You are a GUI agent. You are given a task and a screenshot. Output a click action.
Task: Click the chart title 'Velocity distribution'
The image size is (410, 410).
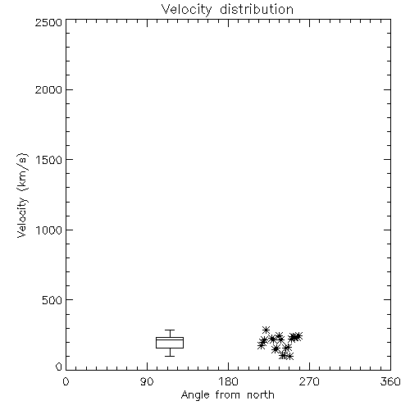[x=227, y=10]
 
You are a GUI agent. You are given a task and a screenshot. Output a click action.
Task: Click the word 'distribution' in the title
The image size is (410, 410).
[x=257, y=9]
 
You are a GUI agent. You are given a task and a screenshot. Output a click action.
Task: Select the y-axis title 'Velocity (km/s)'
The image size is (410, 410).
[x=22, y=195]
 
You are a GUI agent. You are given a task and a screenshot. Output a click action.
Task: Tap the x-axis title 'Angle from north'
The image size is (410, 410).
[x=227, y=395]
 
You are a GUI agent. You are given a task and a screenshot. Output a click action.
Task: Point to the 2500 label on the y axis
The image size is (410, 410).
[x=48, y=22]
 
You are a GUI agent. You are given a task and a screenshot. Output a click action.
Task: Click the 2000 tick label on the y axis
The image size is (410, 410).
[x=48, y=89]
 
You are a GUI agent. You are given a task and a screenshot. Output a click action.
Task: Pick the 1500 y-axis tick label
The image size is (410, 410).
[x=49, y=160]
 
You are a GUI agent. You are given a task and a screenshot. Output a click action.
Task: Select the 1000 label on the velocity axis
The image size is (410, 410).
[x=49, y=230]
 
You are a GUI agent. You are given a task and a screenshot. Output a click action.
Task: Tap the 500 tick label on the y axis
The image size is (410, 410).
[x=52, y=300]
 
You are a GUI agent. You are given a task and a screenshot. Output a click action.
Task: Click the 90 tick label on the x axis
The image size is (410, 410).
[x=147, y=381]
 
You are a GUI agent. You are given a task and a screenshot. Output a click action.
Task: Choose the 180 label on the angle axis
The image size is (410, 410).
[x=228, y=381]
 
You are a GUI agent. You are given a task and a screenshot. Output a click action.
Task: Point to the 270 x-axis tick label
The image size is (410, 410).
[x=309, y=381]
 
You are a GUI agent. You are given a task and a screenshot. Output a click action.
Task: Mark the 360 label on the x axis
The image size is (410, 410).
[x=390, y=381]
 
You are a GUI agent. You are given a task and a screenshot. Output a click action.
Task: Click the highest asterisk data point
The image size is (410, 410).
[x=266, y=330]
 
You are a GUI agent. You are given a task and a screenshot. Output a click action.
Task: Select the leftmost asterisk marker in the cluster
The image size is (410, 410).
[x=261, y=345]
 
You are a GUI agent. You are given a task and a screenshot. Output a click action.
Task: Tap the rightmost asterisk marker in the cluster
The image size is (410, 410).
[x=298, y=336]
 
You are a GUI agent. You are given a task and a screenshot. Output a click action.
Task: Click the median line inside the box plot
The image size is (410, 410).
[x=170, y=339]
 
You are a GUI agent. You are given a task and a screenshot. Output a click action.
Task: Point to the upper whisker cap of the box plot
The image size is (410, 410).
[x=170, y=330]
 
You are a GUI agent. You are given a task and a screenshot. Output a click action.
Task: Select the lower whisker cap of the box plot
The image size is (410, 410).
[x=170, y=356]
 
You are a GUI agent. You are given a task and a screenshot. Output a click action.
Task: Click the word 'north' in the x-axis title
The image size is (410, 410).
[x=261, y=395]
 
